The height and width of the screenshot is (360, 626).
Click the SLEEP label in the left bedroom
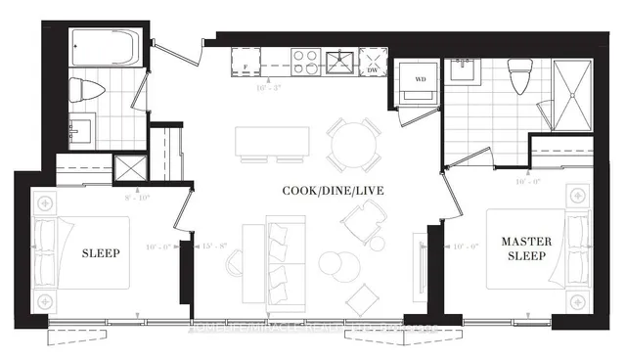101,253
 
